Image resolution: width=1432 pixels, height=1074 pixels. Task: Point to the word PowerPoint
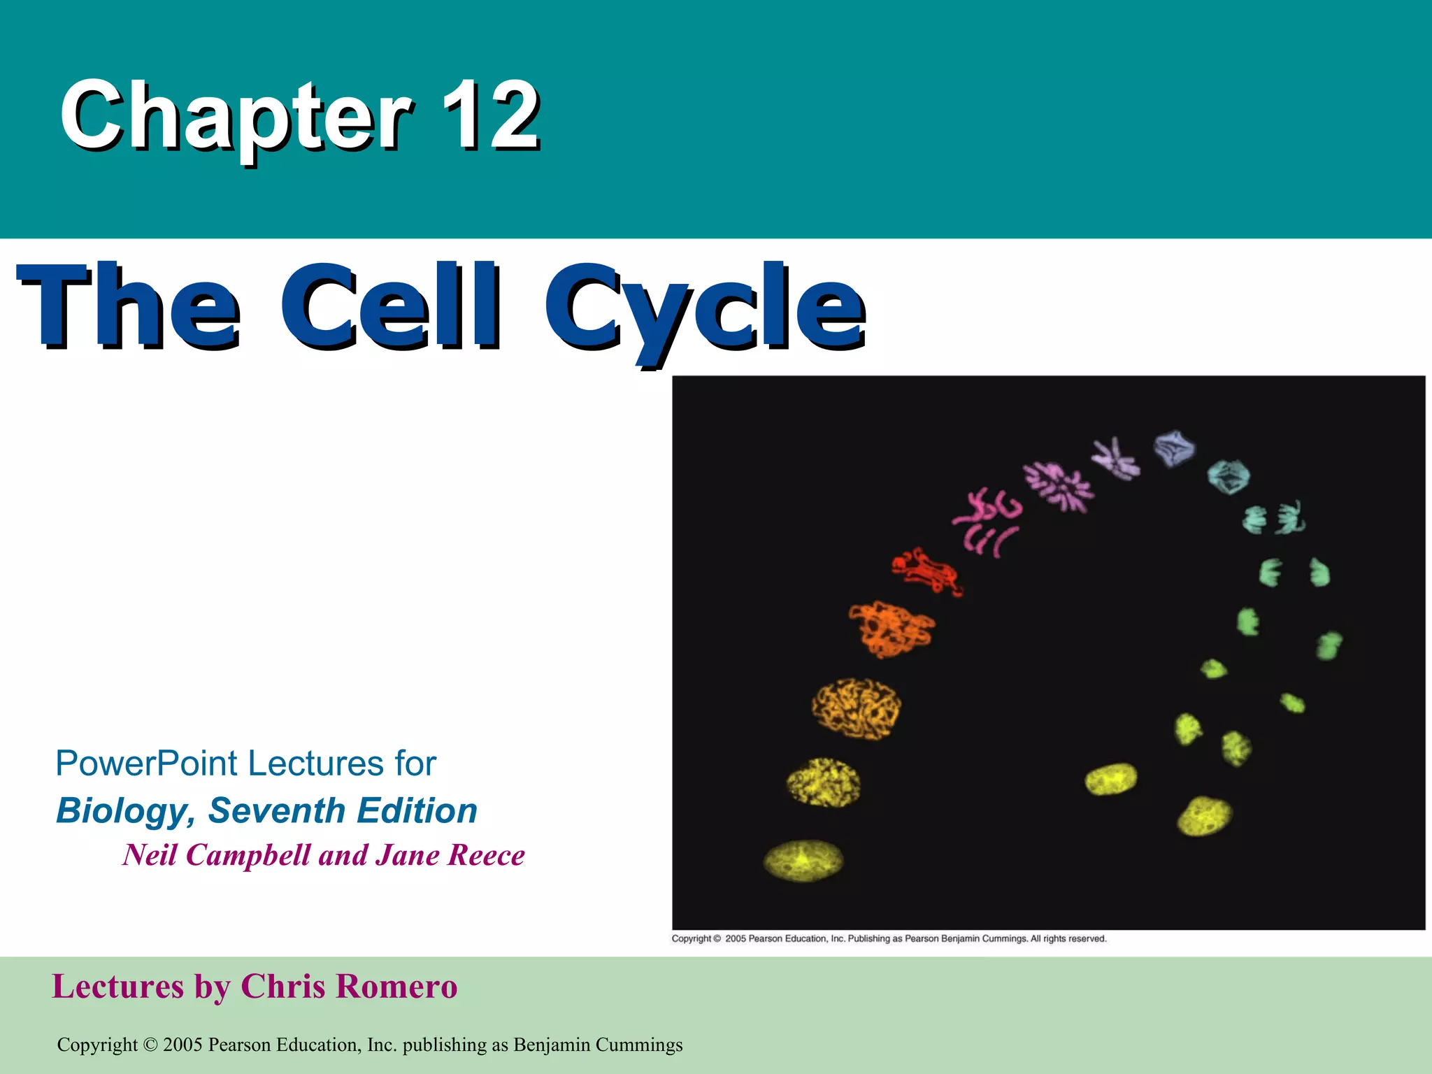click(146, 763)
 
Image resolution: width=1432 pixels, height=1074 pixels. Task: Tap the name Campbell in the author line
click(248, 854)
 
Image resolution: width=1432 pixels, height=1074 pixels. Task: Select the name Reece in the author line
click(485, 854)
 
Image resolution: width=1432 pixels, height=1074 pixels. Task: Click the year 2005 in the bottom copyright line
click(182, 1045)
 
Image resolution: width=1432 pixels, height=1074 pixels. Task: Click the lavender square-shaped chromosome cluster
click(1175, 448)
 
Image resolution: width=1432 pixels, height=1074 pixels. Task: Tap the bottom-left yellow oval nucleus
click(803, 860)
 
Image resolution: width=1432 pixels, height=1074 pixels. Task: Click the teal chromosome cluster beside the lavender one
click(1229, 476)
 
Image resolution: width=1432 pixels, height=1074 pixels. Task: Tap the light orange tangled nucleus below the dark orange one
click(856, 708)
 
